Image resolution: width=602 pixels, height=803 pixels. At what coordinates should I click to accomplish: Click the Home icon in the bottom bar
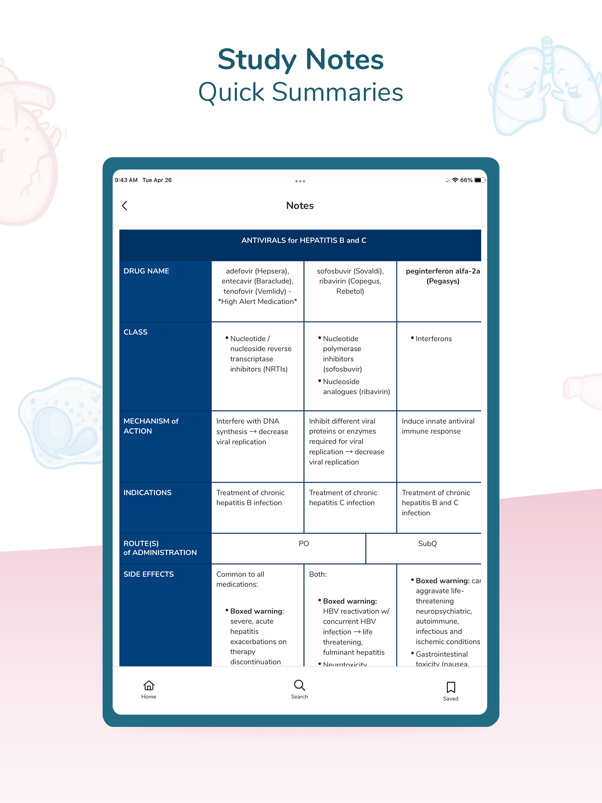[x=149, y=685]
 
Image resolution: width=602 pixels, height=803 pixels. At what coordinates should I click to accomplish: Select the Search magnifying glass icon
[x=300, y=685]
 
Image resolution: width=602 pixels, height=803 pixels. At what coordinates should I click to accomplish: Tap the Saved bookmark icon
[x=451, y=687]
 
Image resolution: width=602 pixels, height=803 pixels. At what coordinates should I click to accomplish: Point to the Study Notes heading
[x=301, y=60]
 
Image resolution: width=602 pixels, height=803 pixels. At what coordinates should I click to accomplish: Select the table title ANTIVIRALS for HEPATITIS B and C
[x=304, y=240]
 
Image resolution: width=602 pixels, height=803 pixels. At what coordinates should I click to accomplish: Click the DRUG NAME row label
[x=146, y=271]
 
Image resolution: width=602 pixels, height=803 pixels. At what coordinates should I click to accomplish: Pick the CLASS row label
[x=136, y=332]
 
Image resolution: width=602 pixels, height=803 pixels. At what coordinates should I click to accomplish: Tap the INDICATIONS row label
[x=148, y=493]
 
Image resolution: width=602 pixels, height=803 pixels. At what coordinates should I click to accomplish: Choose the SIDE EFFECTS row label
[x=148, y=574]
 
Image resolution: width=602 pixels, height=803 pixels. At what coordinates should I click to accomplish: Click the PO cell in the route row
[x=304, y=543]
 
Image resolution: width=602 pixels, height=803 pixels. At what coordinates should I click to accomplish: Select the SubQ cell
[x=427, y=543]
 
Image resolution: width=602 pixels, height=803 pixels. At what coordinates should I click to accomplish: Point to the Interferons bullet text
[x=434, y=339]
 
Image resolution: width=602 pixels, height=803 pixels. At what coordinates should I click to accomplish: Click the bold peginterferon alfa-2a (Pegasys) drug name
[x=443, y=276]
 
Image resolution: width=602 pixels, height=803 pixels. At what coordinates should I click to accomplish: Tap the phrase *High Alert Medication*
[x=257, y=302]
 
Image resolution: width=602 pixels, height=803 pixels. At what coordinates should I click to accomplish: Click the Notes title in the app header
[x=300, y=205]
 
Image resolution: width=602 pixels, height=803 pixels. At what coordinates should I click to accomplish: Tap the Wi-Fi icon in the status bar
[x=455, y=180]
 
